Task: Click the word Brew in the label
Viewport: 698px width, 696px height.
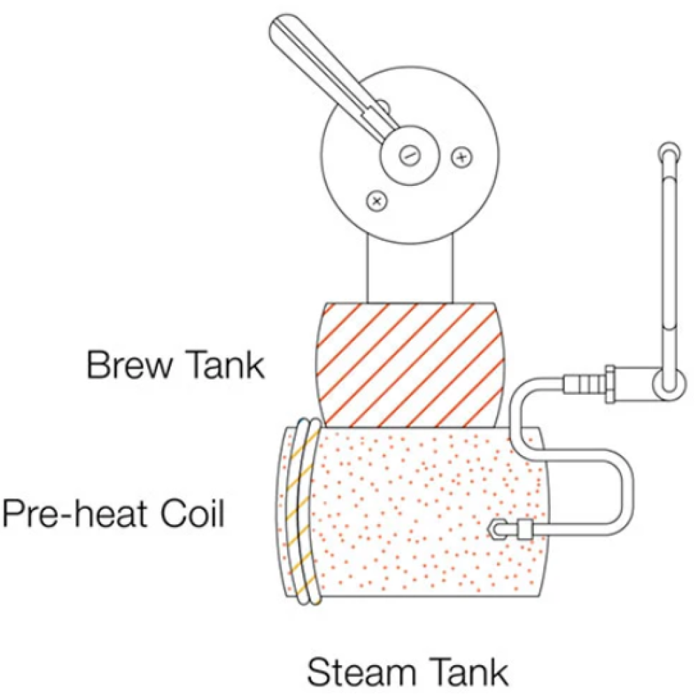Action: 129,365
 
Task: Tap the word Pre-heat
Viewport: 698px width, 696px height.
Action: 75,514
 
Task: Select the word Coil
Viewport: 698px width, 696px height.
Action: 193,514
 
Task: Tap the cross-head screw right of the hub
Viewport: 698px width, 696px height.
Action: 461,157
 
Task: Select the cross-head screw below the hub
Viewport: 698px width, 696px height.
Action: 377,201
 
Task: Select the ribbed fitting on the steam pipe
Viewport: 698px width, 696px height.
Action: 584,384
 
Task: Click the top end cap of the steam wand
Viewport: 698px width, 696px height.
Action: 669,153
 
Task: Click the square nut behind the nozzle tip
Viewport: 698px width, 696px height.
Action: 526,530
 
